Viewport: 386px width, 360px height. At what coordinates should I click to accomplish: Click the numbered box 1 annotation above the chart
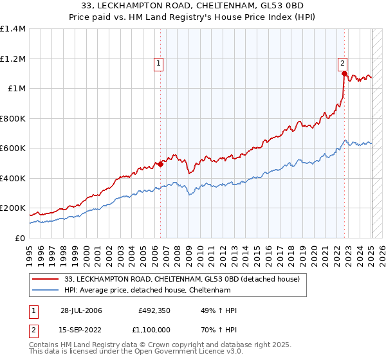click(x=158, y=63)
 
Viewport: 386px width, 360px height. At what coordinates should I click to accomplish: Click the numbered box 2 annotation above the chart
click(x=343, y=63)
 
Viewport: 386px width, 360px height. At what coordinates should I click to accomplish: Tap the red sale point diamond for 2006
click(x=160, y=164)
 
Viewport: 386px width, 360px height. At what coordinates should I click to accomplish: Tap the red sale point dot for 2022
click(x=345, y=74)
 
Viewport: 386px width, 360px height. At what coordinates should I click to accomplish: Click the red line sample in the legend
click(x=45, y=280)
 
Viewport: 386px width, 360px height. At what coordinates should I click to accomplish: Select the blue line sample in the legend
click(x=45, y=291)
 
